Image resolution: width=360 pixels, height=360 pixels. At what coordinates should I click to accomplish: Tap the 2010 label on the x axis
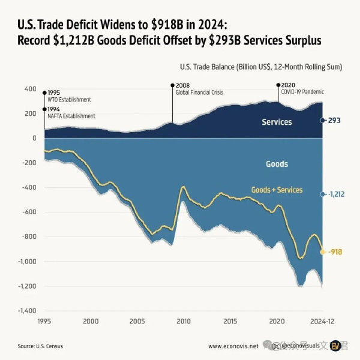click(x=184, y=322)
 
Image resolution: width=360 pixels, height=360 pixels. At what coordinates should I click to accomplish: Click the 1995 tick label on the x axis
click(x=44, y=322)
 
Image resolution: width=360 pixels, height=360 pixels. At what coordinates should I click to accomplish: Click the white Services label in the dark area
click(x=277, y=122)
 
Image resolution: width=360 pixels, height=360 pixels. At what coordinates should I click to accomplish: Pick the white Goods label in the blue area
click(x=277, y=164)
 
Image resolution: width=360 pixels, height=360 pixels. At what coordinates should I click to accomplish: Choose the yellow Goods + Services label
click(x=277, y=190)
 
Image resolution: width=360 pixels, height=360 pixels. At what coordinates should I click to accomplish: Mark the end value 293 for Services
click(x=334, y=121)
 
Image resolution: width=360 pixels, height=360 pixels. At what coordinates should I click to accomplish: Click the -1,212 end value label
click(x=336, y=194)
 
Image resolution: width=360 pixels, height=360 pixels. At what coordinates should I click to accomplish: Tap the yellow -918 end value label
click(x=335, y=252)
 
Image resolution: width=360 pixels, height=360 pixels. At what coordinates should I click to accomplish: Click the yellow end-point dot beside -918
click(x=323, y=252)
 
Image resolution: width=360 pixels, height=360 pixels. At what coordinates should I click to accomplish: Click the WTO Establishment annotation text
click(x=69, y=100)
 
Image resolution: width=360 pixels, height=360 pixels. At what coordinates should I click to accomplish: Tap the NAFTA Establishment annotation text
click(x=71, y=116)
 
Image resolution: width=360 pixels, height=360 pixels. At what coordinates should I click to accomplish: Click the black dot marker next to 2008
click(x=172, y=86)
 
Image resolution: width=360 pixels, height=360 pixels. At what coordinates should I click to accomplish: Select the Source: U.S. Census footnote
click(x=40, y=346)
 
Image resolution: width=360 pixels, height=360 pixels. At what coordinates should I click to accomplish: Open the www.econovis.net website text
click(x=233, y=346)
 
